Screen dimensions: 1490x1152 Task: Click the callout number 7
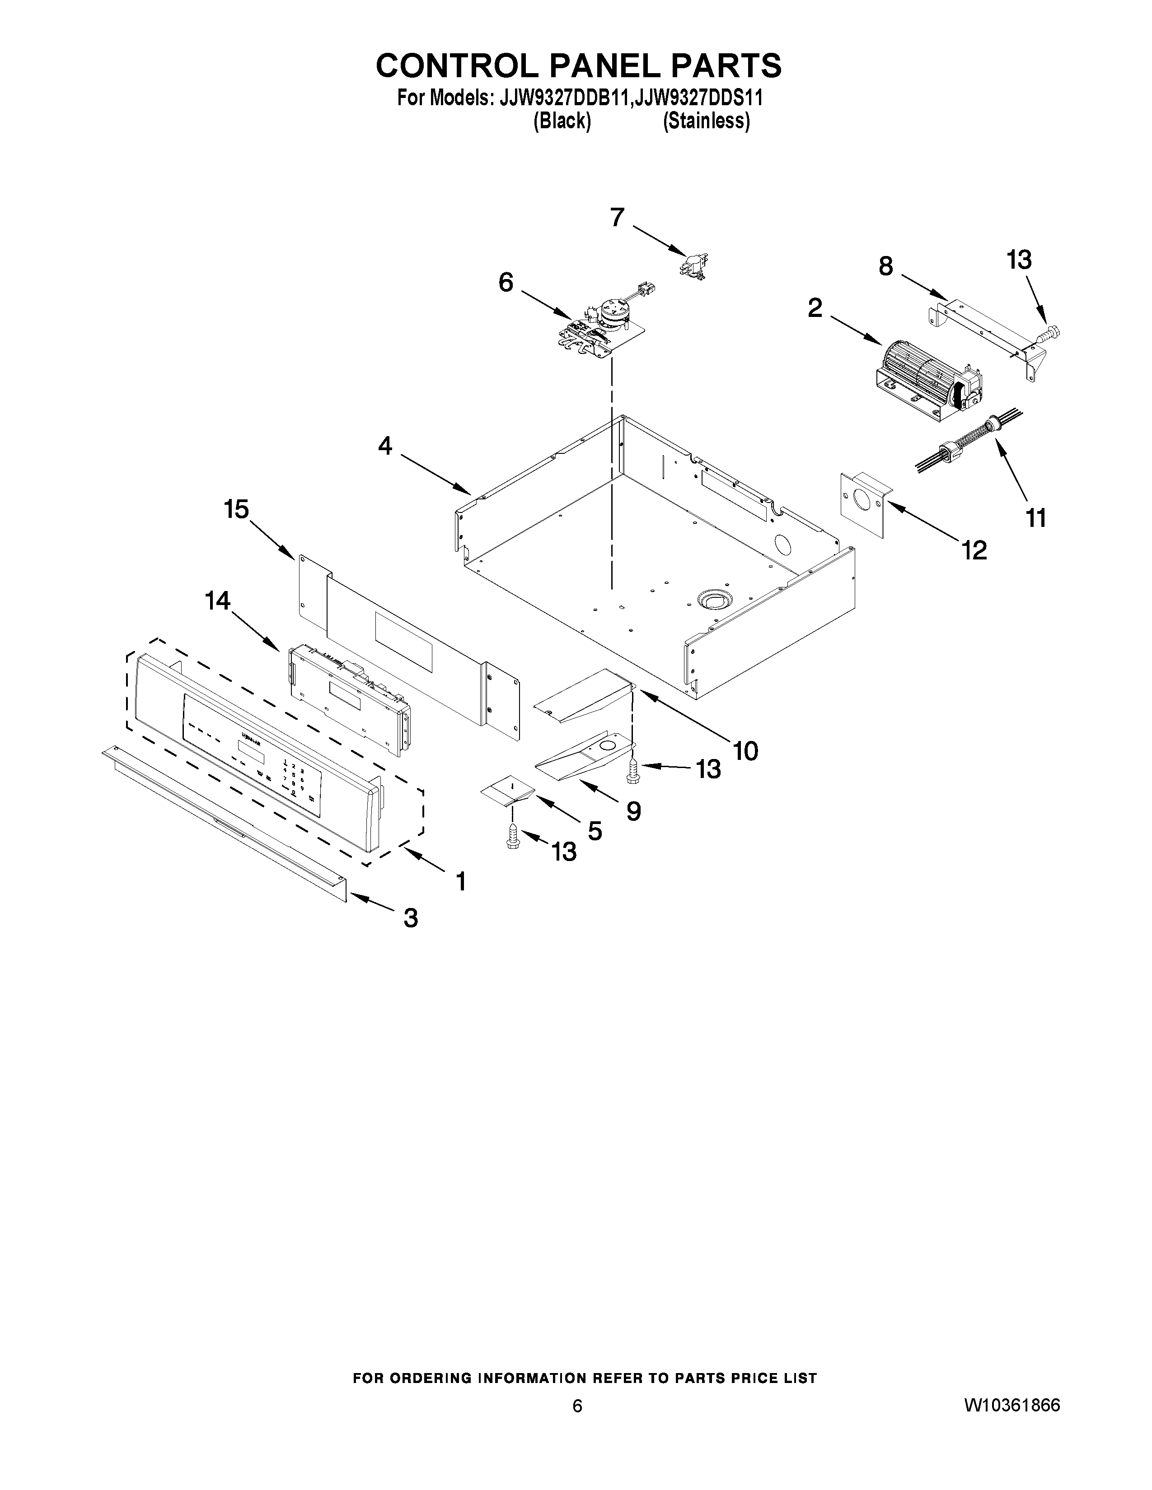click(617, 218)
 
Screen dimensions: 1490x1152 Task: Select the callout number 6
click(506, 282)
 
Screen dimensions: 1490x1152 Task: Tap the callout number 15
click(237, 509)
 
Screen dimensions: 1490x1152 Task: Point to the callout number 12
click(974, 549)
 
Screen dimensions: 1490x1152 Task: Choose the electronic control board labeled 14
click(349, 695)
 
